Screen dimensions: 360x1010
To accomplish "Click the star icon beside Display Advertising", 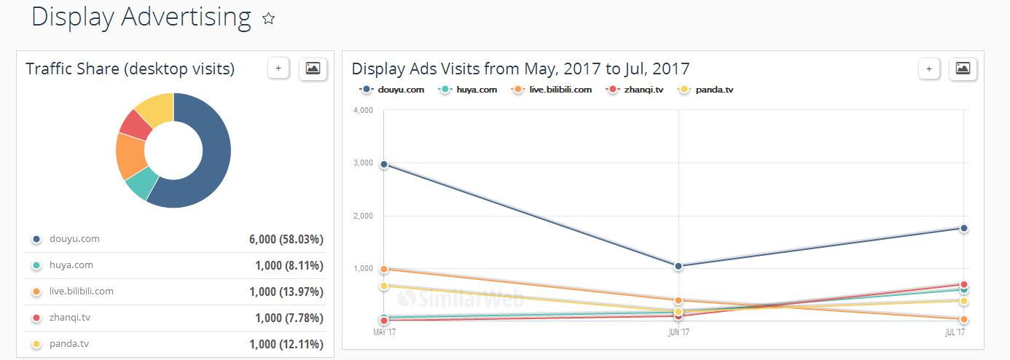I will [x=268, y=19].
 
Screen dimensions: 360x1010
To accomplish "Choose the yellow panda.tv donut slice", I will [x=156, y=108].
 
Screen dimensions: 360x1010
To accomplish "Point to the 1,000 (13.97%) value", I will [x=289, y=291].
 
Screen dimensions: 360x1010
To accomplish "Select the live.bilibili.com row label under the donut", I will [x=82, y=291].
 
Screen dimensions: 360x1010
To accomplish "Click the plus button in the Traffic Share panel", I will [x=278, y=69].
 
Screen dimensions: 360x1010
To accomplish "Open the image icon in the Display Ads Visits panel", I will [x=963, y=69].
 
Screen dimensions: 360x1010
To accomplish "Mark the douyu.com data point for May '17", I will [x=383, y=164].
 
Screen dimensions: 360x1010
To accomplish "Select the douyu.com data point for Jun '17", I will [x=678, y=266].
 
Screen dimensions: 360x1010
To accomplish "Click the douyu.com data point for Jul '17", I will [x=963, y=228].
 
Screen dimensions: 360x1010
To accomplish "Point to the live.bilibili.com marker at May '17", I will [x=383, y=269].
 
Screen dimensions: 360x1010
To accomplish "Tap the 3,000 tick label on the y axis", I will [x=363, y=163].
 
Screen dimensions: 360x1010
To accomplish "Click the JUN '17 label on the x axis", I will [x=679, y=332].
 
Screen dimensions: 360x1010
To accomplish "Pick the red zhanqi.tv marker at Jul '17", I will [x=963, y=284].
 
